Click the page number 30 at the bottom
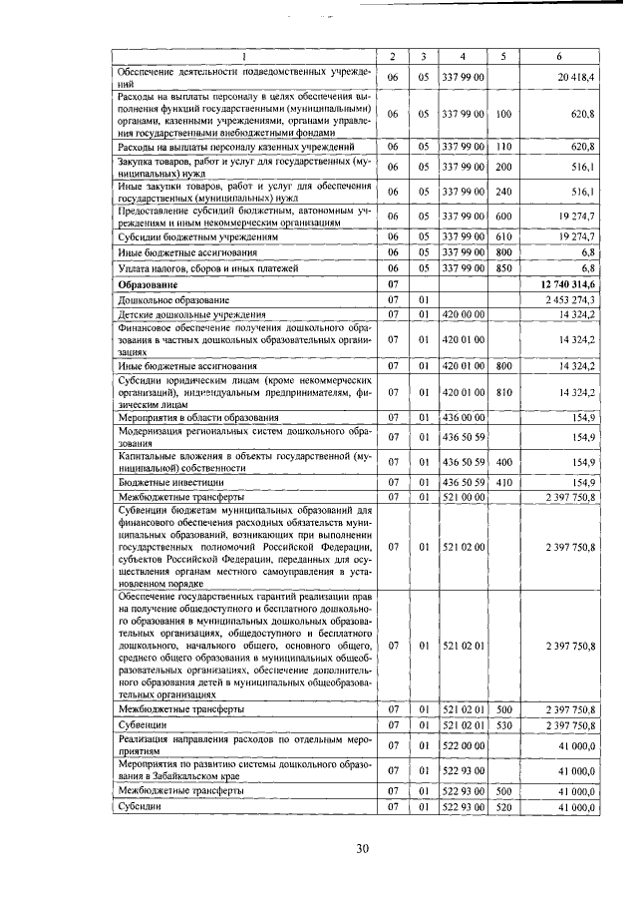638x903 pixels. click(x=363, y=848)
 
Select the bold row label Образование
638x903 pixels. click(x=150, y=284)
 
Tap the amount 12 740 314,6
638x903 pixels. click(x=564, y=284)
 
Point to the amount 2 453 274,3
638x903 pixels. click(x=567, y=299)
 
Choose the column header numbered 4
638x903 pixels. click(x=464, y=56)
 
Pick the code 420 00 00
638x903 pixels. click(x=464, y=314)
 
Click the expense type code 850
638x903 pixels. click(x=504, y=268)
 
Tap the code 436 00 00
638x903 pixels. click(x=464, y=417)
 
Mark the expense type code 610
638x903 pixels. click(x=504, y=238)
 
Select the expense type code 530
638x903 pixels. click(x=504, y=723)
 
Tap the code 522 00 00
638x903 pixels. click(x=464, y=744)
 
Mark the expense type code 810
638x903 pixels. click(x=504, y=392)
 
